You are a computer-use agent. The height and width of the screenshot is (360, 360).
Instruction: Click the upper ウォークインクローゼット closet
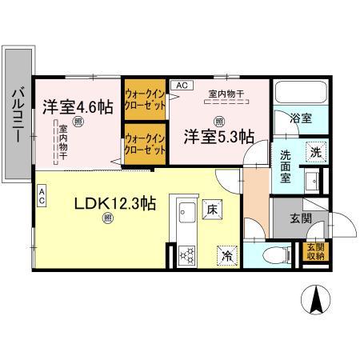[x=144, y=98]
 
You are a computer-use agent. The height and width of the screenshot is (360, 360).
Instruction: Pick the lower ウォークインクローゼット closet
[x=144, y=144]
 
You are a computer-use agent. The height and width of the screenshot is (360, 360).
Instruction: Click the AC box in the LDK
[x=42, y=192]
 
